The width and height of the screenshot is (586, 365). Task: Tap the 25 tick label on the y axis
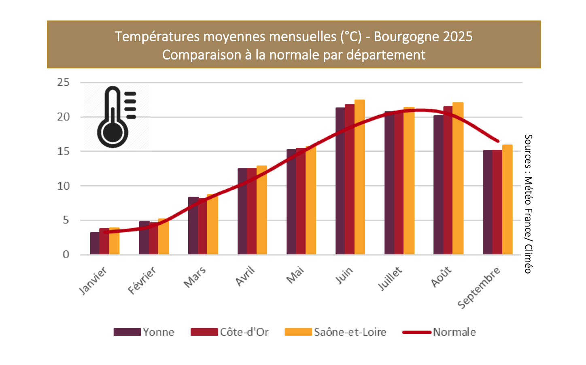[x=64, y=83]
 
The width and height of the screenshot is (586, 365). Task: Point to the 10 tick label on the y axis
[x=64, y=186]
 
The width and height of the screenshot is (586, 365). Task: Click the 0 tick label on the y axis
[x=66, y=255]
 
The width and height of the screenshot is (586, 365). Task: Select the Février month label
[x=142, y=280]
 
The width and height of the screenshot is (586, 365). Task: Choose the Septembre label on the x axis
[x=479, y=288]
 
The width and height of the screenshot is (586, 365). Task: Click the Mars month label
[x=195, y=277]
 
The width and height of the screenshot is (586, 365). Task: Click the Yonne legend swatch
[x=127, y=332]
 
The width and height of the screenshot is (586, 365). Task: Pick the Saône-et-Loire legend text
[x=350, y=332]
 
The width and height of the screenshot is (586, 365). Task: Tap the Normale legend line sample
[x=417, y=332]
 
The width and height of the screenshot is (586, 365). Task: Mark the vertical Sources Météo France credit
[x=528, y=204]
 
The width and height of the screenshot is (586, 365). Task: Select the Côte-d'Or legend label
[x=244, y=332]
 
